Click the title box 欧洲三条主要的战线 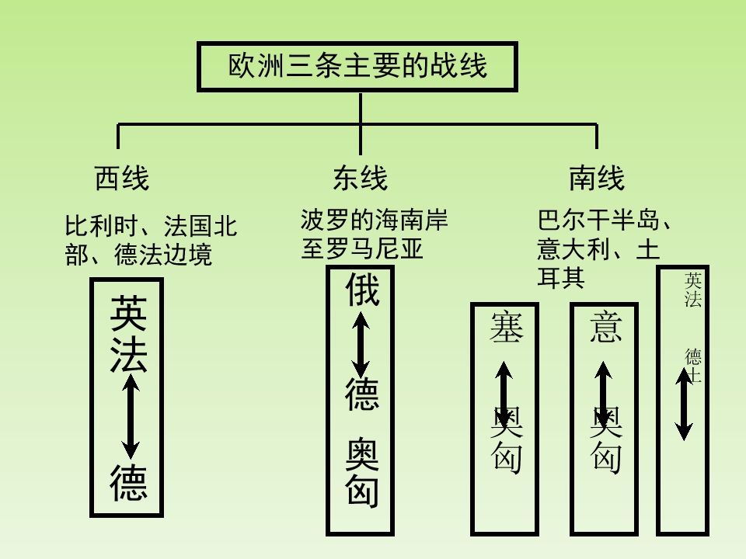click(x=358, y=66)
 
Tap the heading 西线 click(x=121, y=179)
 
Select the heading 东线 click(x=360, y=179)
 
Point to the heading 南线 click(x=597, y=179)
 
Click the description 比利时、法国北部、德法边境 click(x=151, y=240)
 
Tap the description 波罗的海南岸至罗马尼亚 click(x=374, y=234)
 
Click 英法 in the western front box click(x=128, y=334)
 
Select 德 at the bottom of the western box click(x=128, y=482)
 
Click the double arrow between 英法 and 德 click(x=131, y=415)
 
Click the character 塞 click(x=505, y=327)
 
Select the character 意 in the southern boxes click(x=605, y=327)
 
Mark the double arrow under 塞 click(x=504, y=396)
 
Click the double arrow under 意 click(x=604, y=396)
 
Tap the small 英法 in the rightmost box click(x=692, y=290)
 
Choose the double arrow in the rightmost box click(x=684, y=404)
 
